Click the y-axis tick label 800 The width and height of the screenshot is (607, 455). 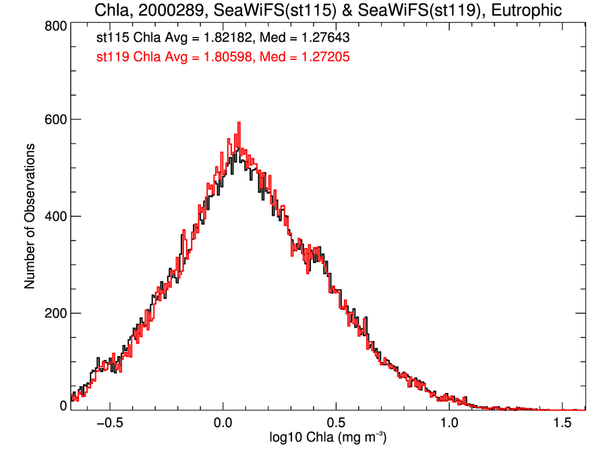click(53, 26)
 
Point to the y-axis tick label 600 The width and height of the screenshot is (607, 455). click(53, 119)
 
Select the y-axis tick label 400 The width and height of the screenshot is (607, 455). click(53, 216)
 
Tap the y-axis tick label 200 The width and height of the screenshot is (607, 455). click(53, 313)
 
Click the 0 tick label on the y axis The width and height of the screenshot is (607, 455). click(62, 406)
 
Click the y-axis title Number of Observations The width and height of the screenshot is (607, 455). click(30, 216)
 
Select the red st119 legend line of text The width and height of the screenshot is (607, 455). click(223, 57)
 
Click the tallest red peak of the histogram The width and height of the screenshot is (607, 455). click(239, 123)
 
